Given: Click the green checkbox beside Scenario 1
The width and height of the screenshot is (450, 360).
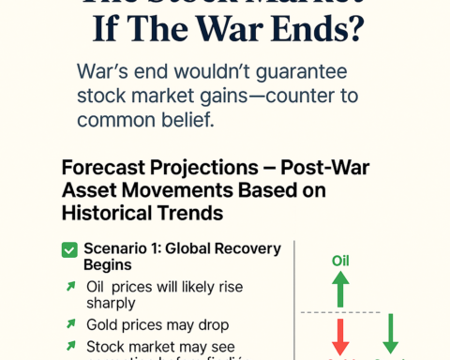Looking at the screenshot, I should point(68,249).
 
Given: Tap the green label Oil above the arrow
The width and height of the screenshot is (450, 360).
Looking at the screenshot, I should point(340,261).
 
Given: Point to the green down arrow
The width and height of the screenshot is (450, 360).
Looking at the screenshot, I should point(390,334).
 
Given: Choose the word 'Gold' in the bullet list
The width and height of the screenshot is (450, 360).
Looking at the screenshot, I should point(102,324).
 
